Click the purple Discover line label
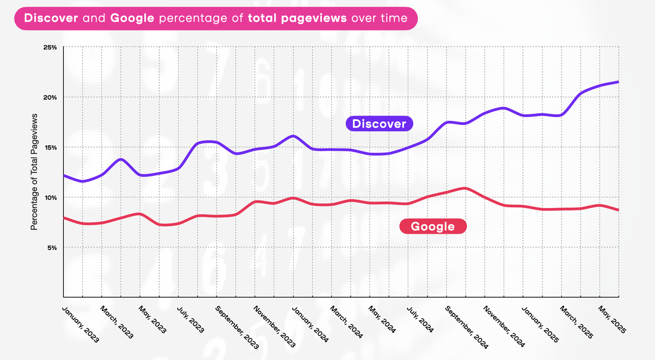coord(379,123)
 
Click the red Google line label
coord(432,226)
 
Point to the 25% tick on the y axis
coord(50,47)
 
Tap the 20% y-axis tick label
coord(50,97)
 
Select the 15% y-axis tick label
coord(50,147)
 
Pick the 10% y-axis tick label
coord(50,197)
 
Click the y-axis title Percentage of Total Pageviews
coord(34,172)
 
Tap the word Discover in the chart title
coord(51,18)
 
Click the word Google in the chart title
coord(132,18)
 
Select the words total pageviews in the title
coord(298,18)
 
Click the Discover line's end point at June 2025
coord(618,82)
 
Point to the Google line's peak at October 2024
coord(465,189)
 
